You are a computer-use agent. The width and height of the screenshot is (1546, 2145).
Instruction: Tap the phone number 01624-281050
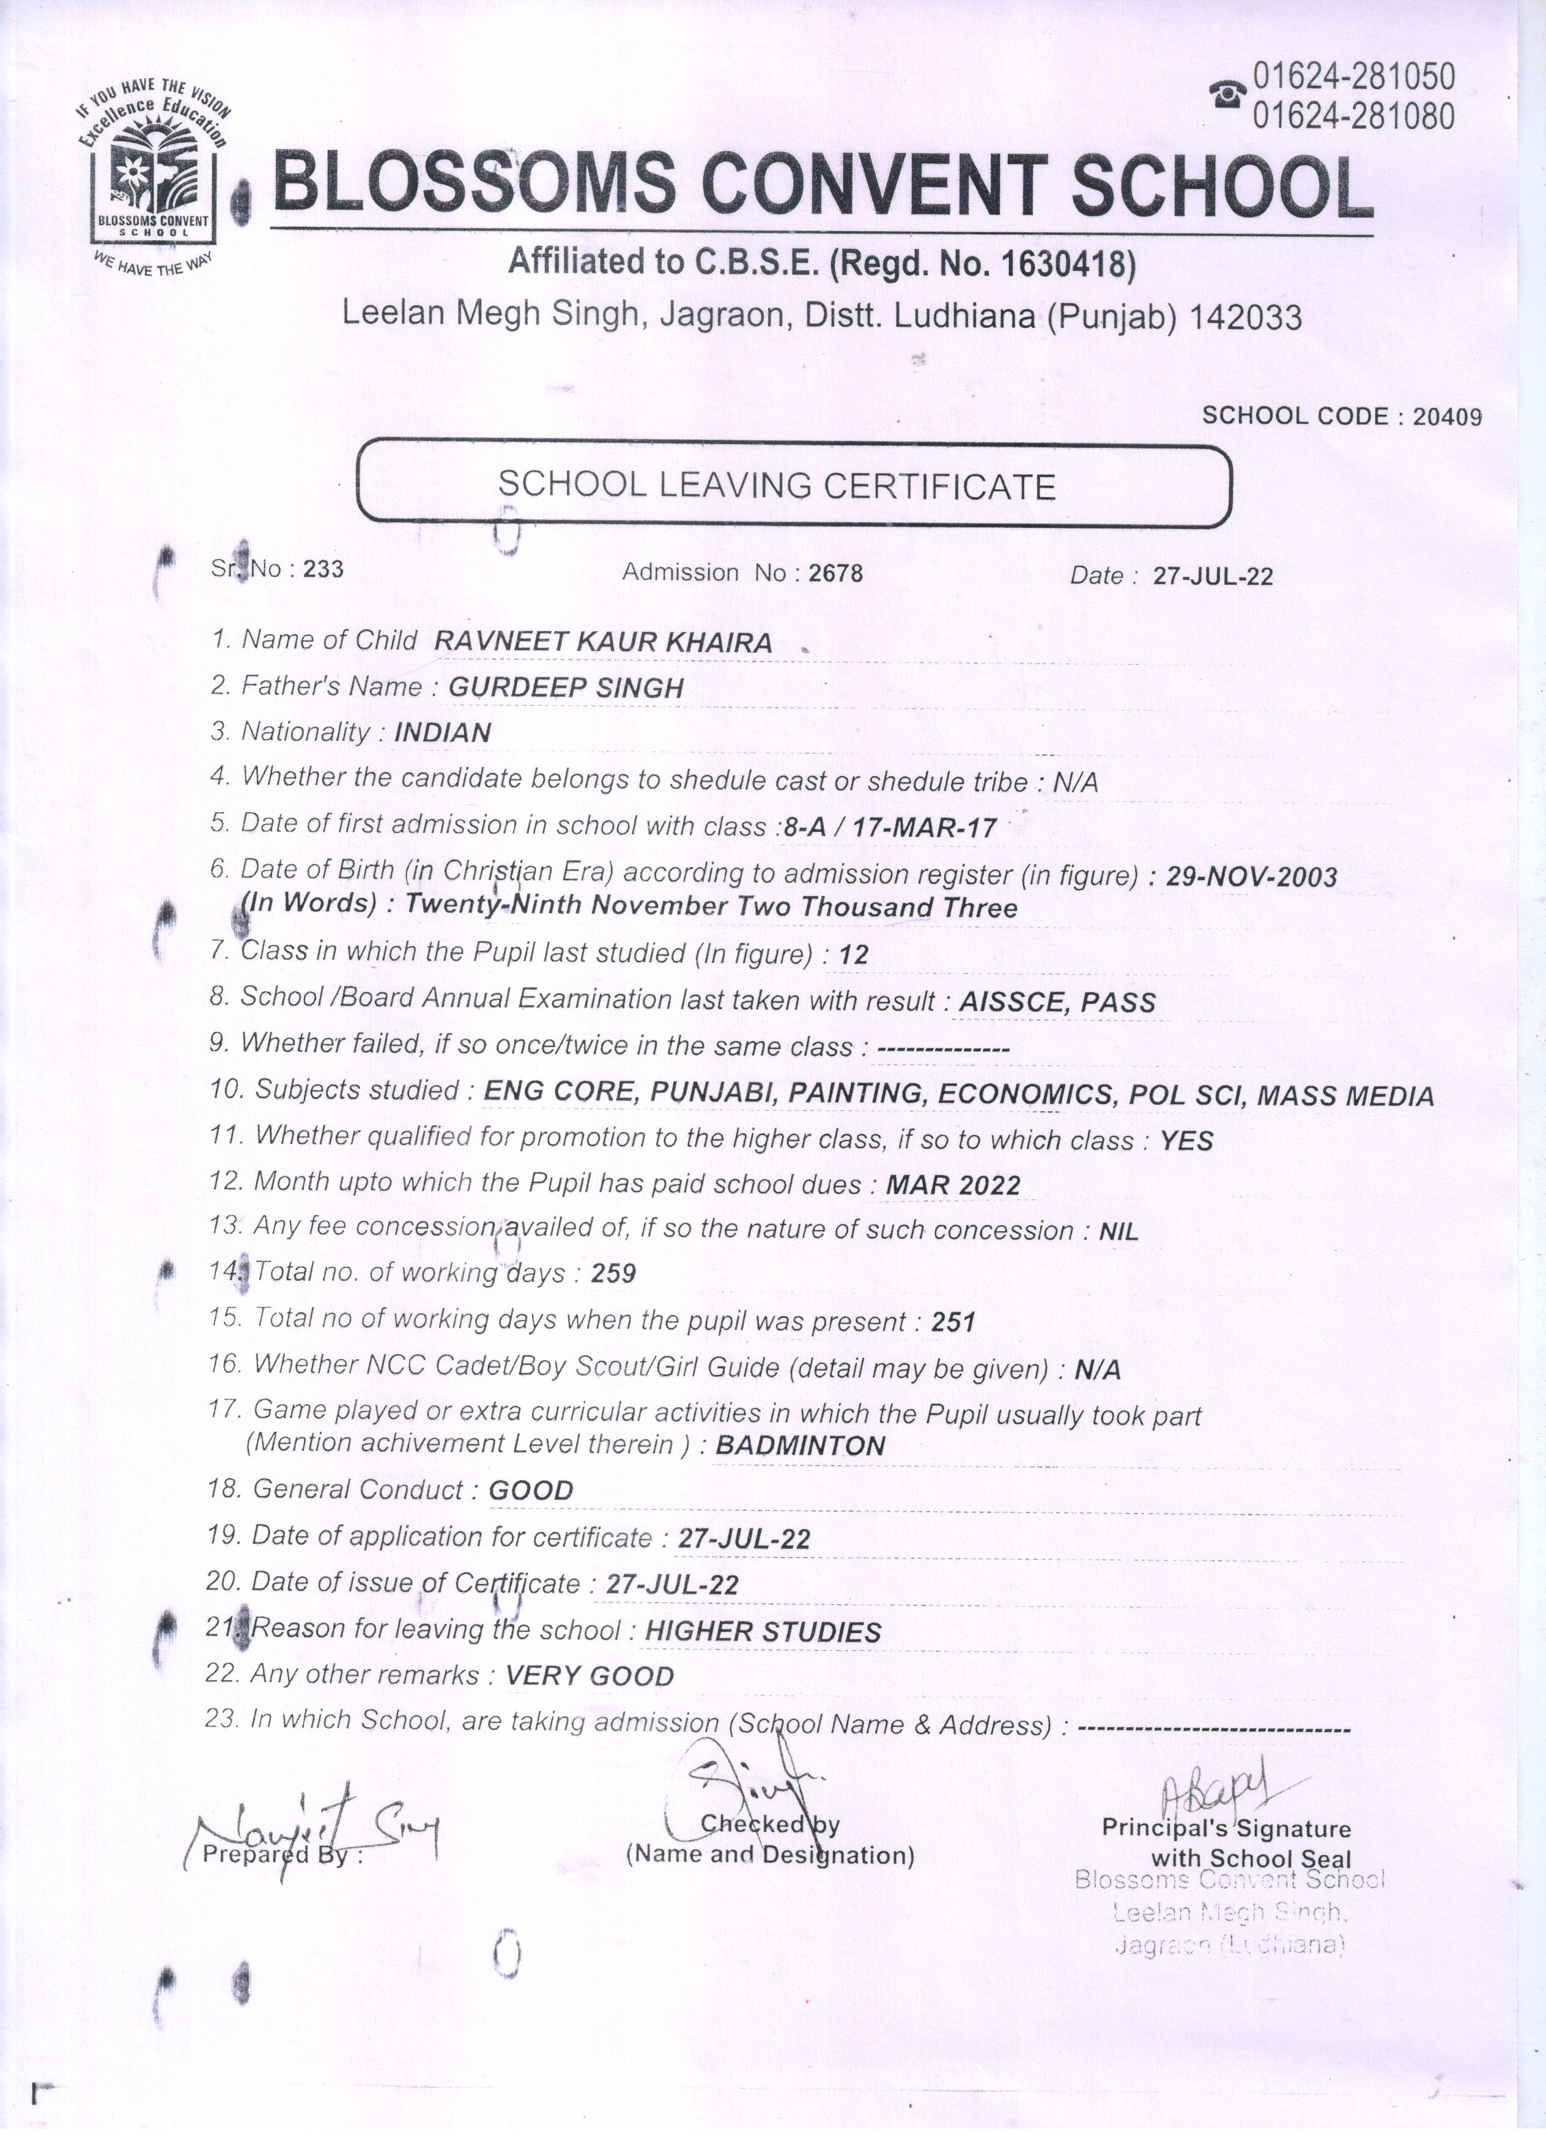point(1353,76)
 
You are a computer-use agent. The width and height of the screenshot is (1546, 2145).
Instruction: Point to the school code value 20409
point(1447,416)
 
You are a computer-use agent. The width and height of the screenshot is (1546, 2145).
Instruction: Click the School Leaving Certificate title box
point(794,484)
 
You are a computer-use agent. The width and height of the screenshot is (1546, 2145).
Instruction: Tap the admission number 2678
point(836,572)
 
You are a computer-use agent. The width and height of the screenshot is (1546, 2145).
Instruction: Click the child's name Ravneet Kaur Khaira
point(603,642)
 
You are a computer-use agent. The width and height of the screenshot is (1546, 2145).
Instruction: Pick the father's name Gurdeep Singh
point(566,687)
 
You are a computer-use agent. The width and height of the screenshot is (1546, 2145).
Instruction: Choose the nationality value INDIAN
point(443,732)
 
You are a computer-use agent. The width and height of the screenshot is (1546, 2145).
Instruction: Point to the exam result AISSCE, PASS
point(1057,1002)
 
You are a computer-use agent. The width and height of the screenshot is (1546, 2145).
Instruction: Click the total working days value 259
point(613,1273)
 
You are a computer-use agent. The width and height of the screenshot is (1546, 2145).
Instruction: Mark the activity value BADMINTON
point(800,1445)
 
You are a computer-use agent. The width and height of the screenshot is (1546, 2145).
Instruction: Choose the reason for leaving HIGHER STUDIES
point(762,1631)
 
